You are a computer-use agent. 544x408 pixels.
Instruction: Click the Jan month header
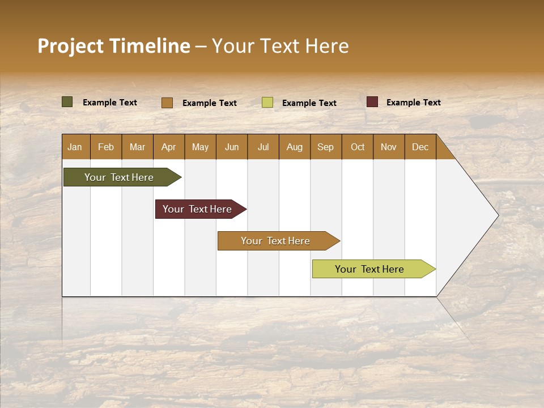click(x=75, y=147)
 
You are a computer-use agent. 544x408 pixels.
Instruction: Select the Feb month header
click(x=106, y=147)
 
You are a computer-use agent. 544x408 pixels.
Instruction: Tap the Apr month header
click(x=169, y=147)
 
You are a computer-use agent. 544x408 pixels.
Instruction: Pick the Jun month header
click(x=232, y=147)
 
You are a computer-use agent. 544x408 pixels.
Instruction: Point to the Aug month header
click(x=295, y=147)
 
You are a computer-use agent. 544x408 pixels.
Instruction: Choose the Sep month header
click(x=326, y=147)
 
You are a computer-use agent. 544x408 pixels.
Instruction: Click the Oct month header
click(x=358, y=147)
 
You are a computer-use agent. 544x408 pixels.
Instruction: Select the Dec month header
click(x=420, y=147)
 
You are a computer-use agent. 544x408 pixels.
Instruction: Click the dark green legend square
click(x=67, y=102)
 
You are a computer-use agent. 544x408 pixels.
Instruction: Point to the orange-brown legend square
click(x=167, y=103)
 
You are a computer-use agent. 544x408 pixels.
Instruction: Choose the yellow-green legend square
click(x=267, y=103)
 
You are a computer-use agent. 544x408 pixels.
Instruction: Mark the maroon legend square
click(x=372, y=102)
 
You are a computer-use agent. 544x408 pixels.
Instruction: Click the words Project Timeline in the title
click(x=114, y=46)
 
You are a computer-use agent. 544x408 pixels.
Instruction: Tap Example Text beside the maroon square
click(x=413, y=102)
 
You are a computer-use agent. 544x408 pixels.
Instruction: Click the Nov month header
click(x=389, y=147)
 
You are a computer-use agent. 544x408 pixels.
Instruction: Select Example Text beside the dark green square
click(x=110, y=102)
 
